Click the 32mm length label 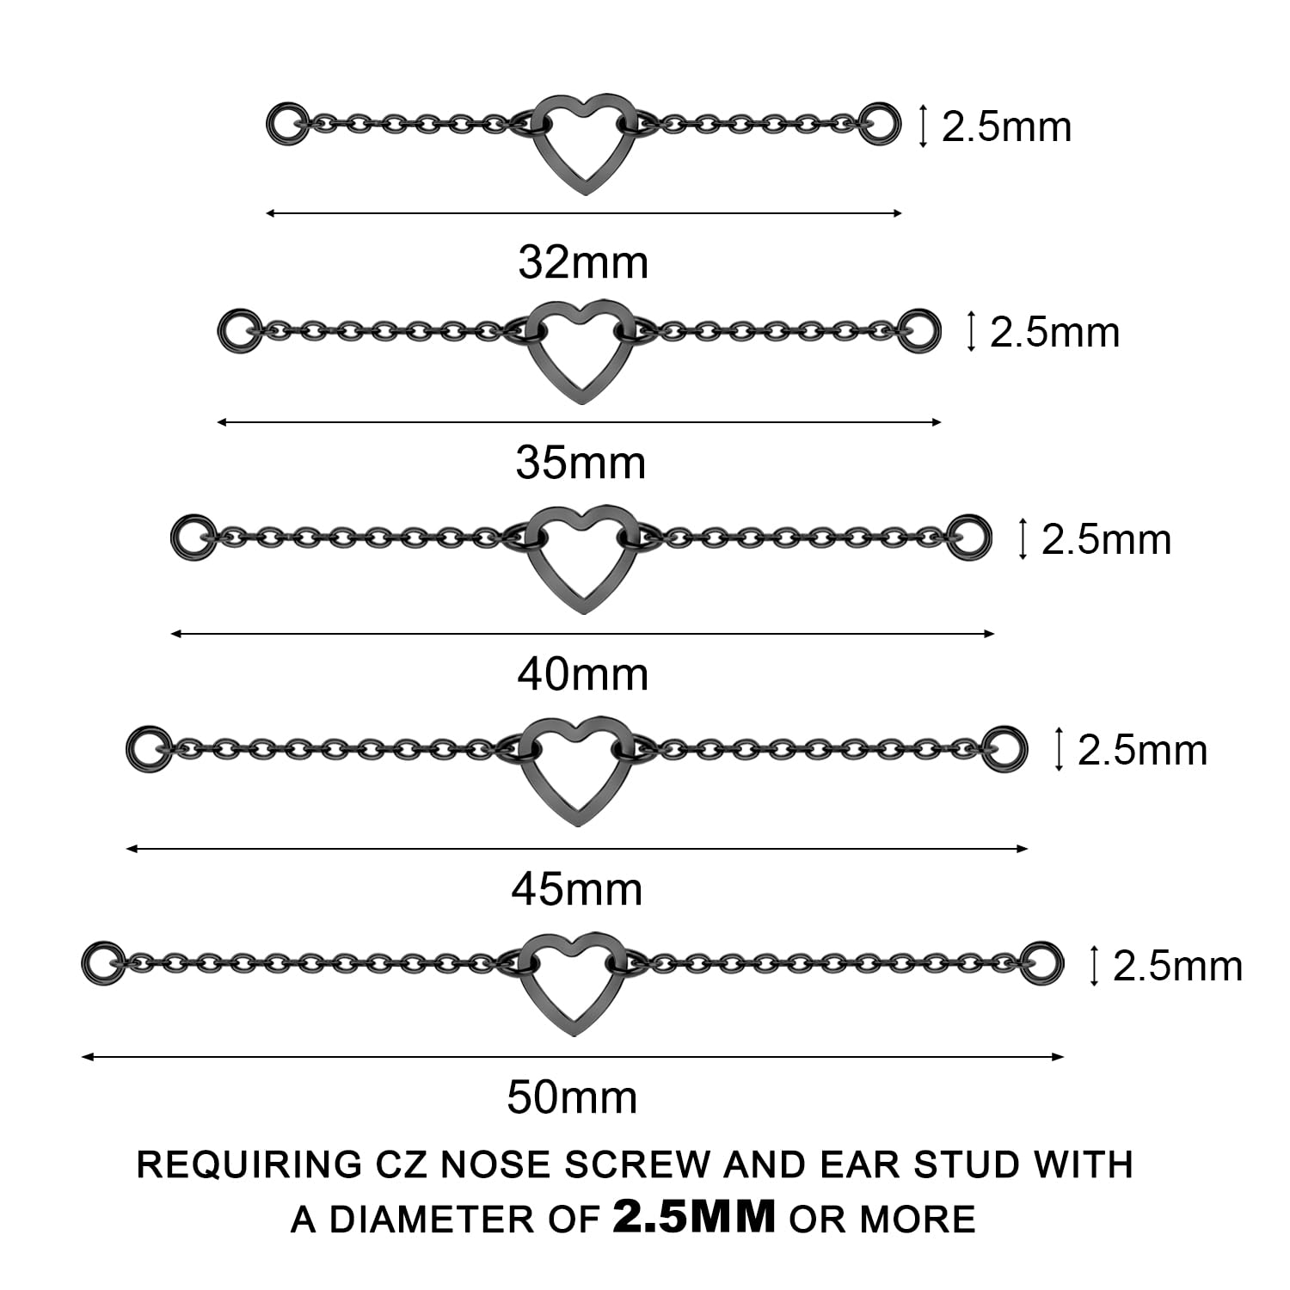point(583,262)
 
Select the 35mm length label point(580,463)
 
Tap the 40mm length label point(582,674)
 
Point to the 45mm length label point(576,889)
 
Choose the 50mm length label point(572,1097)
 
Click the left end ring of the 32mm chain point(286,124)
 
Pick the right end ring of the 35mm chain point(919,330)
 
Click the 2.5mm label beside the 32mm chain point(1006,127)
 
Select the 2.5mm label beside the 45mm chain point(1142,751)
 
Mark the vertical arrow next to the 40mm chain point(1023,539)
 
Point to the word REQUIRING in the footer point(249,1164)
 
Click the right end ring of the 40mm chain point(969,537)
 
